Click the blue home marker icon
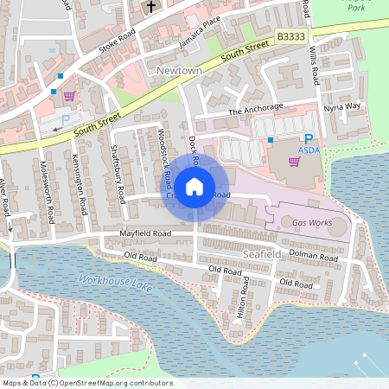[194, 186]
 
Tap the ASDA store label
[309, 150]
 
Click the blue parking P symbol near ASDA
[308, 139]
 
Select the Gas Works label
[312, 223]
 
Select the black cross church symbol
[152, 7]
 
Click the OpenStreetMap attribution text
[87, 383]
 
